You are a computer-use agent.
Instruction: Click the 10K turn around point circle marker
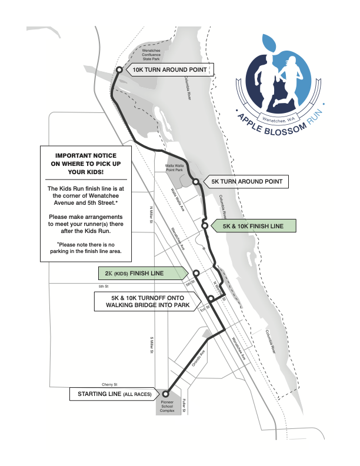coord(119,69)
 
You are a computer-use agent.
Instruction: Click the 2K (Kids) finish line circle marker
coord(196,274)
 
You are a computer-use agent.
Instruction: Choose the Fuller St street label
coord(184,406)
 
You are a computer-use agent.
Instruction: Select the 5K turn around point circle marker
coord(195,182)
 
